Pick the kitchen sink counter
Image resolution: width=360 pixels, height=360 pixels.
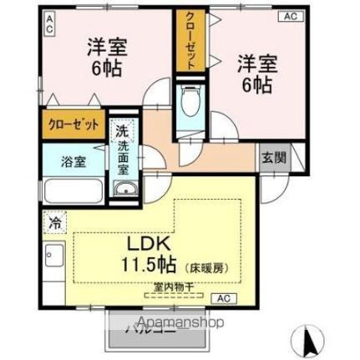54,263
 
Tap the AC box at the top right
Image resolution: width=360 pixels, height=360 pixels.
290,16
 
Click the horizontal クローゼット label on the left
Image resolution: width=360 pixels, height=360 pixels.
71,124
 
